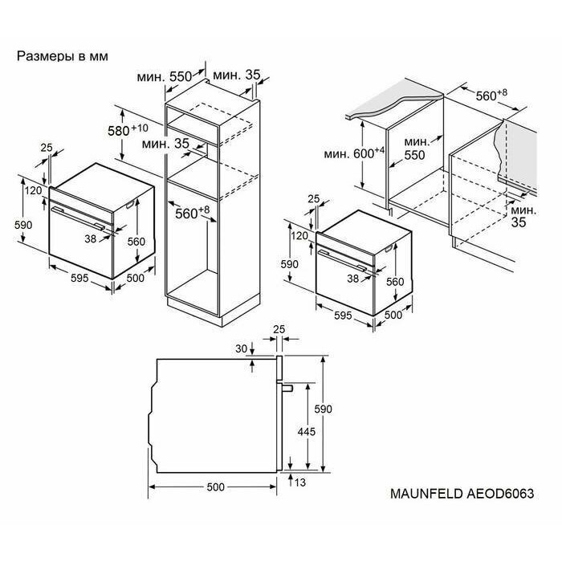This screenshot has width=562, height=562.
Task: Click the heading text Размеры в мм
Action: [x=63, y=56]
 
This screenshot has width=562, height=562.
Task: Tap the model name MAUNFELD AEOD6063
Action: [x=462, y=494]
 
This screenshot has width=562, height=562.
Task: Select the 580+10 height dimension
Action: [x=128, y=130]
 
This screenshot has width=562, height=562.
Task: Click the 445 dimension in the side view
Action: [x=307, y=432]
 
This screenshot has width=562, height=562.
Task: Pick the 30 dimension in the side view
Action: [x=242, y=348]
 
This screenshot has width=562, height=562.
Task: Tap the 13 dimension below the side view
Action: [x=300, y=483]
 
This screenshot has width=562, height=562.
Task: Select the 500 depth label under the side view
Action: [x=216, y=487]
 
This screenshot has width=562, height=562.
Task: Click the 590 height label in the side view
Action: [x=324, y=409]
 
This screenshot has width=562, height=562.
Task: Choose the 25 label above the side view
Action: [x=279, y=329]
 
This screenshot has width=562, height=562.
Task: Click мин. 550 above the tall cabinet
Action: [x=165, y=77]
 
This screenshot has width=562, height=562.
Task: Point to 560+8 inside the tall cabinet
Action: [x=193, y=213]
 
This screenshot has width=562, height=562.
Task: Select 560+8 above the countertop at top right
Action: [x=491, y=95]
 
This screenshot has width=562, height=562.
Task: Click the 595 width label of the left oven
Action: [x=79, y=278]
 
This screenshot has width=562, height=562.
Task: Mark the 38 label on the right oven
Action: [x=352, y=279]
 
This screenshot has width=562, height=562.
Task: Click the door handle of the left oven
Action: [x=77, y=218]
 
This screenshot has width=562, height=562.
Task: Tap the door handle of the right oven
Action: [x=341, y=260]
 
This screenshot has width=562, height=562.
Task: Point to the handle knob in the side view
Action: [x=287, y=388]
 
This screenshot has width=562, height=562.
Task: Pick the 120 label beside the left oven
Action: [x=34, y=190]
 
